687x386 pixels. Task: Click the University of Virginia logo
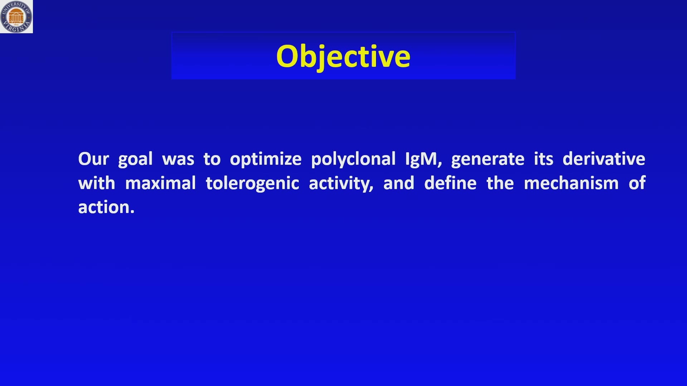pos(16,16)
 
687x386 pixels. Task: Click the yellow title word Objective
pos(343,57)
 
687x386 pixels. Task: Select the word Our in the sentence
pos(93,159)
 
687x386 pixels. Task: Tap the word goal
pos(135,159)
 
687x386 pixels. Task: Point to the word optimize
pos(265,159)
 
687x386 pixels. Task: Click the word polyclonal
pos(353,159)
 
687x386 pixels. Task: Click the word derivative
pos(604,159)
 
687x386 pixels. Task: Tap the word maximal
pos(160,183)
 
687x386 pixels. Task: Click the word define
pos(450,183)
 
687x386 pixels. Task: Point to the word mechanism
pos(571,183)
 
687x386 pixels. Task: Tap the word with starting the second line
pos(97,183)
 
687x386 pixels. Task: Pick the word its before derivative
pos(544,159)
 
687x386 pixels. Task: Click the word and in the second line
pos(399,183)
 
